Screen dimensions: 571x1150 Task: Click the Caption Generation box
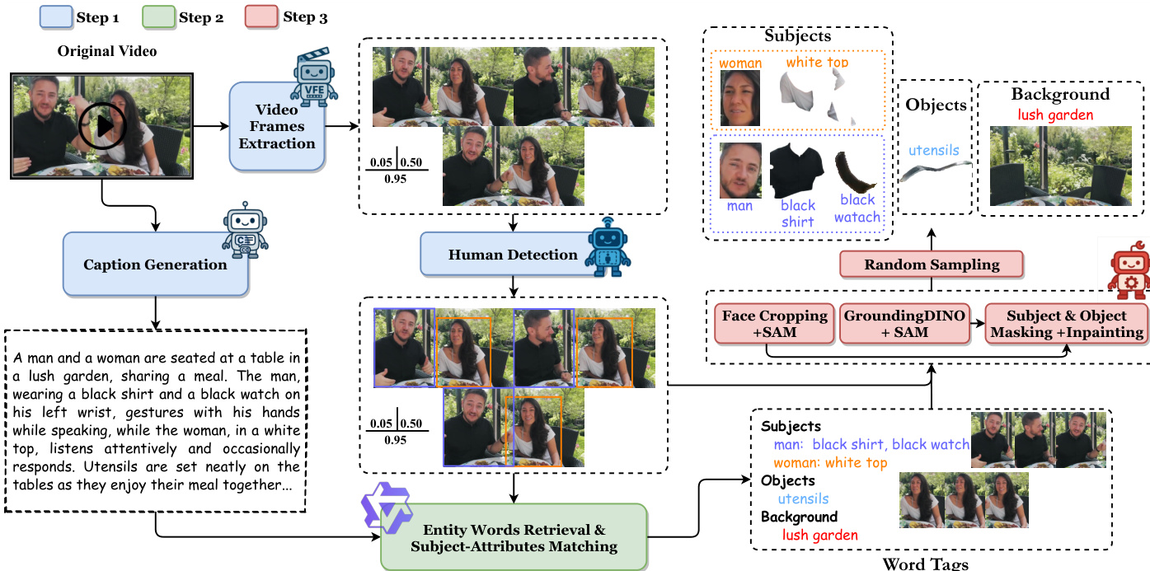click(155, 265)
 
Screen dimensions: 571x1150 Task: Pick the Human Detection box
click(513, 255)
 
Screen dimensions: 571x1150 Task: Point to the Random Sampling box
click(932, 264)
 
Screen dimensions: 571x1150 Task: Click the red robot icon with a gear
click(1127, 271)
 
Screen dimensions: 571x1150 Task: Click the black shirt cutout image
click(796, 171)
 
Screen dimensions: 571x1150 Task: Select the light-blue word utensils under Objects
click(935, 151)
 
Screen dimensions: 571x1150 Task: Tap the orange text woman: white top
click(830, 463)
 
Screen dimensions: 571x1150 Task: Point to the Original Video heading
click(107, 51)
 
